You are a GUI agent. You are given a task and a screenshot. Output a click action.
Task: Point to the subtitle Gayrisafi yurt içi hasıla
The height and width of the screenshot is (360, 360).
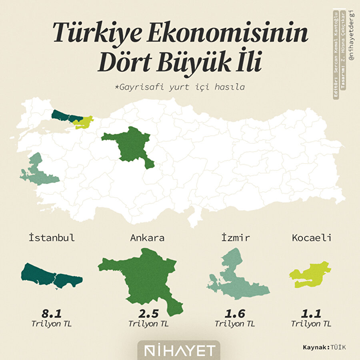[x=180, y=86]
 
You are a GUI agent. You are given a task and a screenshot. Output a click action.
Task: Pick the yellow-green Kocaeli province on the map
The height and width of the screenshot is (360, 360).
[x=83, y=122]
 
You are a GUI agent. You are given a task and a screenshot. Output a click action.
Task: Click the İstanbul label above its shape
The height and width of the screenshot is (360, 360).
[x=52, y=238]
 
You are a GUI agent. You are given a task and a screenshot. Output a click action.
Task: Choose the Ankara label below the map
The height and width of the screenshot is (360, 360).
[x=147, y=238]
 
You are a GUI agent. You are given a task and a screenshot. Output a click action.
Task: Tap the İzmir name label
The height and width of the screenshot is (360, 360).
[x=236, y=238]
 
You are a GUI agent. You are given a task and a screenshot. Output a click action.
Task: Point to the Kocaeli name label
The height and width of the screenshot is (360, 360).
[x=312, y=238]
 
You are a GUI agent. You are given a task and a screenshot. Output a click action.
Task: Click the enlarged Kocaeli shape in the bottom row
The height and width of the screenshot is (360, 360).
[x=310, y=274]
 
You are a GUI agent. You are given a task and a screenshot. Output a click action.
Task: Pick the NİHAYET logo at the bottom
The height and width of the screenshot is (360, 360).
[x=180, y=350]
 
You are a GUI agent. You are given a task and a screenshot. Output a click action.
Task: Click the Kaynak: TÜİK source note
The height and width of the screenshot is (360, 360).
[x=324, y=347]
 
